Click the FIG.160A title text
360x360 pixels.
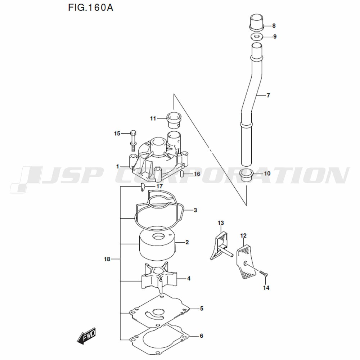90,8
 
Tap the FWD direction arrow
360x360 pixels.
86,336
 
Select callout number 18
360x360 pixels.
107,259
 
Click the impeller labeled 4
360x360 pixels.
159,278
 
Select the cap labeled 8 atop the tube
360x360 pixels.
257,22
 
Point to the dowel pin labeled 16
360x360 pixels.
182,174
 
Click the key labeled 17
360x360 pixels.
143,187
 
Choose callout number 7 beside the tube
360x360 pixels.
268,95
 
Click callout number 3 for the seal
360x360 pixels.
195,210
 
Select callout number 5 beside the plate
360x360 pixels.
202,309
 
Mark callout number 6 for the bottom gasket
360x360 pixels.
201,336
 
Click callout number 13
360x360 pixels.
221,223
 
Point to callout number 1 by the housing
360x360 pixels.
118,166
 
